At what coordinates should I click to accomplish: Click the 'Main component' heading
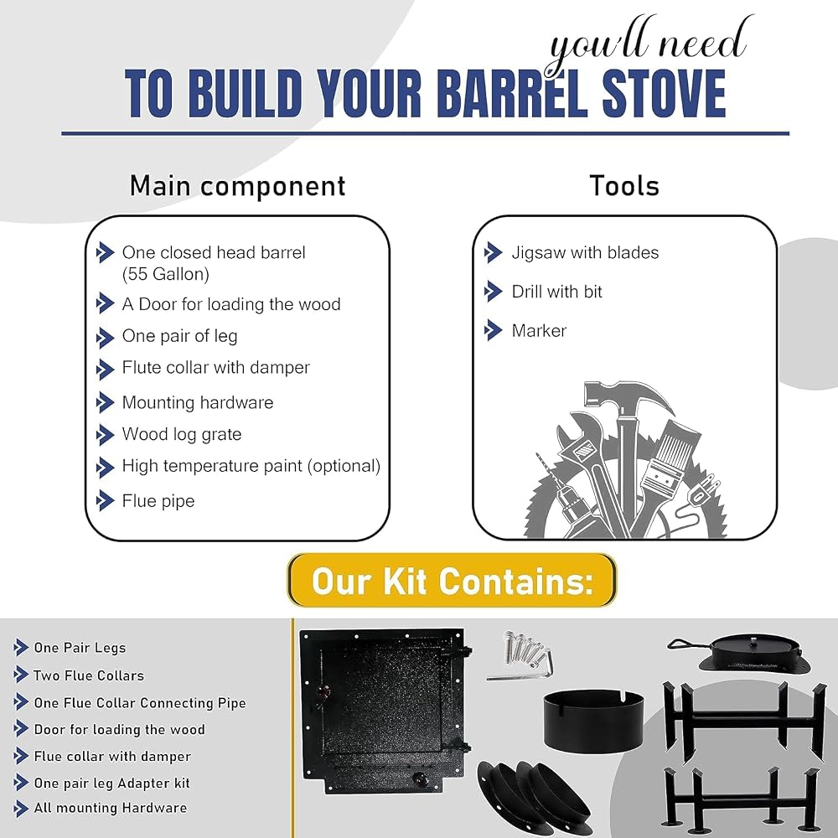tap(237, 186)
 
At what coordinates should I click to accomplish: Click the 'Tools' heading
tap(624, 186)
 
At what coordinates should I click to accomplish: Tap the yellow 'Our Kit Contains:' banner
tap(453, 581)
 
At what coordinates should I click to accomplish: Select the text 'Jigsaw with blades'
tap(585, 252)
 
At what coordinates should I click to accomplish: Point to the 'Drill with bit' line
tap(557, 292)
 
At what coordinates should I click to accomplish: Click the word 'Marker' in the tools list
tap(539, 330)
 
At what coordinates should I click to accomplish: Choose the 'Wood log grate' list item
tap(182, 434)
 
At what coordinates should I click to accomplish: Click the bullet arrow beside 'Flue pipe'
tap(105, 501)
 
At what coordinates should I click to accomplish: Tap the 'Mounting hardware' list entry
tap(198, 402)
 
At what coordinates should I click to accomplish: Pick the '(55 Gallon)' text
tap(166, 274)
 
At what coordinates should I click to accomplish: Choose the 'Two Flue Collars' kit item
tap(89, 675)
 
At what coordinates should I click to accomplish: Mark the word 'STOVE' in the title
tap(664, 94)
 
